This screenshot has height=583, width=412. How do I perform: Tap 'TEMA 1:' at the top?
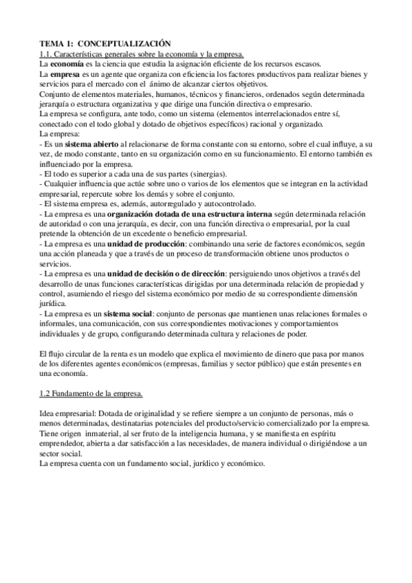tap(58, 43)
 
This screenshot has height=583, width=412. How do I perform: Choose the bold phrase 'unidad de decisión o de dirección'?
tap(160, 273)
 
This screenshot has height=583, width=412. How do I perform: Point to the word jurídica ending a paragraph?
tap(53, 302)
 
